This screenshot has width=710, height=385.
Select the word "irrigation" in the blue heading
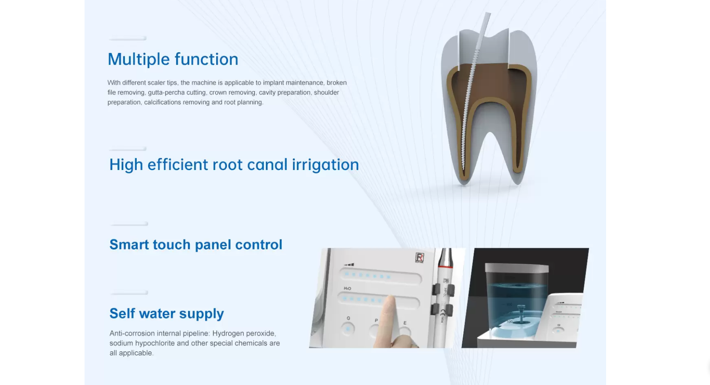tap(325, 165)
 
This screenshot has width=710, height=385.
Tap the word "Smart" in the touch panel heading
tap(129, 244)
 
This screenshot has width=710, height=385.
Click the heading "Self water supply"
tap(167, 313)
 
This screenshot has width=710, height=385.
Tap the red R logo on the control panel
tap(419, 257)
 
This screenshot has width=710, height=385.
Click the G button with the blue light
tap(348, 329)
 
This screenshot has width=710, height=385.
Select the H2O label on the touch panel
tap(347, 288)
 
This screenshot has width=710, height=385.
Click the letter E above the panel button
tap(405, 323)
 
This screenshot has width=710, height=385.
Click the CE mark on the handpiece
tap(442, 312)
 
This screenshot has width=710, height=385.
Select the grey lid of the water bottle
tap(517, 268)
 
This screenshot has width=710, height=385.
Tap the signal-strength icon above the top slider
tap(349, 265)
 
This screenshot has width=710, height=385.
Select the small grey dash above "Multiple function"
tap(127, 39)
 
